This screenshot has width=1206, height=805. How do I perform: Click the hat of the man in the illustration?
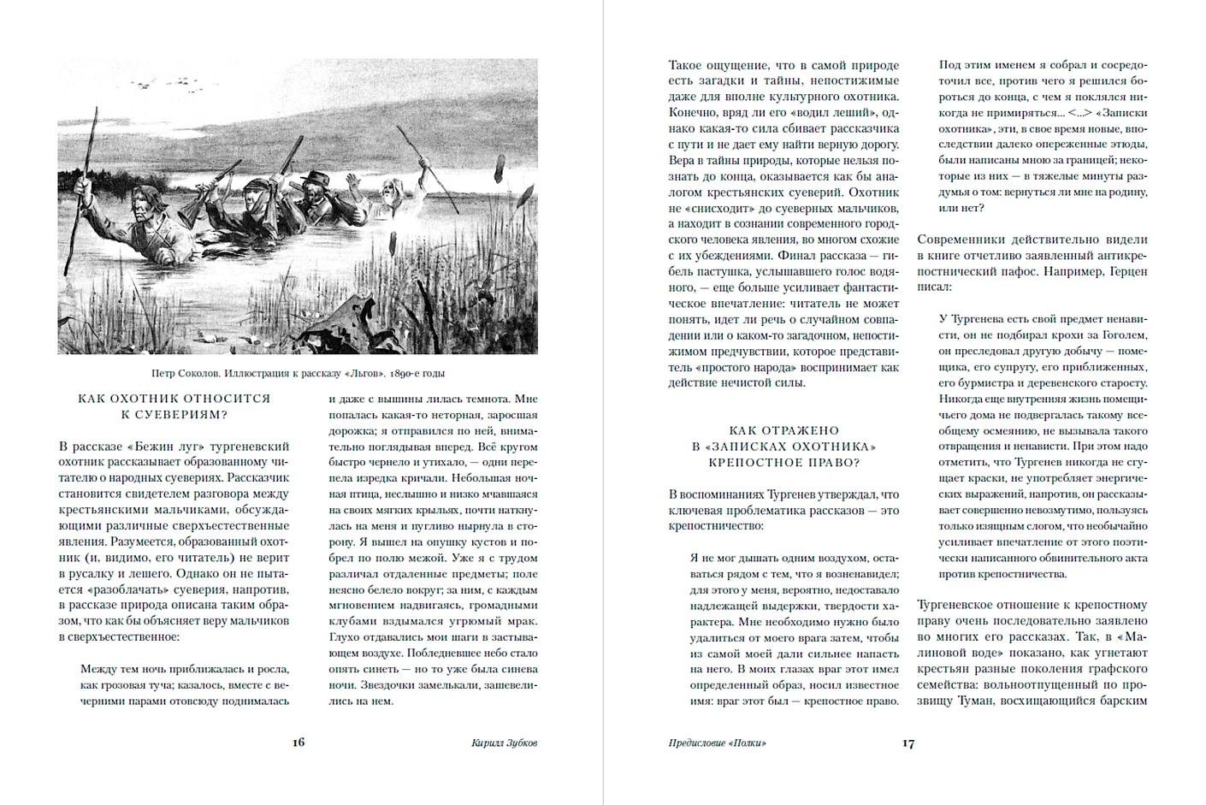tap(318, 178)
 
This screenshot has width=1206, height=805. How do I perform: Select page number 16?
tap(298, 743)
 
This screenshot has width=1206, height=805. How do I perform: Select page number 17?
tap(908, 743)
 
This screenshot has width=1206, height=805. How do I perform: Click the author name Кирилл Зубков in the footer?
tap(505, 743)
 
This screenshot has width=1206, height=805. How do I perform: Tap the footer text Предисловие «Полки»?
tap(717, 743)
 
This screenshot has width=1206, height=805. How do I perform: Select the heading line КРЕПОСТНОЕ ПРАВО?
tap(784, 463)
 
